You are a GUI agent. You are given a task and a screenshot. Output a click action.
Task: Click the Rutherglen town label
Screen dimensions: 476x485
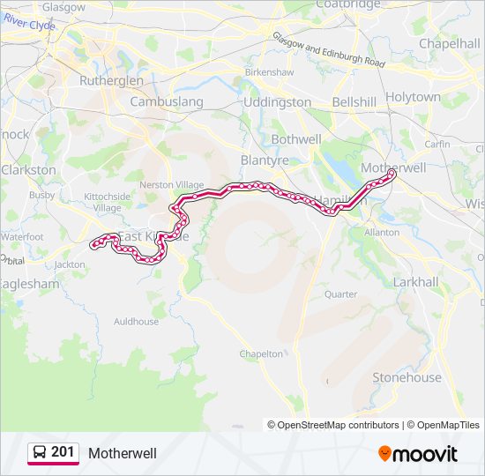coord(111,80)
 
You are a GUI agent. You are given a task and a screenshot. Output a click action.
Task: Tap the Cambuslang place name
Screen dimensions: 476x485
coord(167,102)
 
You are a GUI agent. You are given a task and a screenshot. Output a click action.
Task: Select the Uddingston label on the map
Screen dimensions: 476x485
coord(277,102)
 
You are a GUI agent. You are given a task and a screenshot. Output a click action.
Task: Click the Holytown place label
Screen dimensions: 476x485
coord(413,97)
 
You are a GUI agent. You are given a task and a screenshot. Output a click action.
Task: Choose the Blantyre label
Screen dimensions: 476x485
coord(265,160)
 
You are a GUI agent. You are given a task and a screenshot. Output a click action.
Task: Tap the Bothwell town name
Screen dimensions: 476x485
coord(296,139)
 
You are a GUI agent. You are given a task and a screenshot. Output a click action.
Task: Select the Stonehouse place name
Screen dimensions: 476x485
coord(407,377)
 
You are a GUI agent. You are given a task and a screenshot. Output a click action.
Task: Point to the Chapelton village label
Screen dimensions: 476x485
coord(262,353)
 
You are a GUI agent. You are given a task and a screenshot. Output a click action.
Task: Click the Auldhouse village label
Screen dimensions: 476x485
coord(137,322)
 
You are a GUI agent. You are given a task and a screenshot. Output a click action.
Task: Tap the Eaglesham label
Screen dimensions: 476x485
coord(30,285)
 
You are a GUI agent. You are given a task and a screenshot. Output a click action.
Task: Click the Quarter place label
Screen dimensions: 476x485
coord(341,294)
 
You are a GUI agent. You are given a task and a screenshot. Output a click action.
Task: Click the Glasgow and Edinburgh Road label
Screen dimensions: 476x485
coord(329,52)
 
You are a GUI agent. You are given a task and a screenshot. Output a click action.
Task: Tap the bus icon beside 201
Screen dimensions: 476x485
coord(39,452)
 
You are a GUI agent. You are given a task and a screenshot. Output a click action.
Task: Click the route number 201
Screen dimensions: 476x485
coord(63,452)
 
